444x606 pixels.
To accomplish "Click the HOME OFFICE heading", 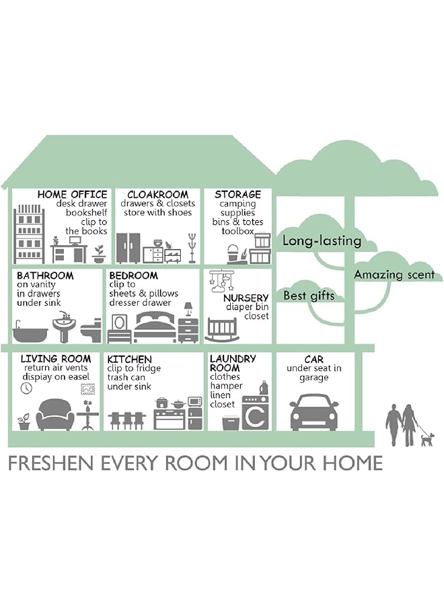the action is coord(72,194).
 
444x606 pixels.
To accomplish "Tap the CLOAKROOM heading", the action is coord(157,194).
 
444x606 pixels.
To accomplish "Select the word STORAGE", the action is coord(238,194).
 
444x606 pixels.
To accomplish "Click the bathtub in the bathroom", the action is coord(30,333).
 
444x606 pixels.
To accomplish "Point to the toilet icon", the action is coord(91,331).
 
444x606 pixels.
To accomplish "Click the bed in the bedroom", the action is coord(155,327).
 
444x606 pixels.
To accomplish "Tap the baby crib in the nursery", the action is coord(221,330).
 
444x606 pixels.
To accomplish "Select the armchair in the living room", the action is coord(55,415).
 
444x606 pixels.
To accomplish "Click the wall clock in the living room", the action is coord(26,388).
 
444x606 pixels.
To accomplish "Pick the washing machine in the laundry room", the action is coord(255,412).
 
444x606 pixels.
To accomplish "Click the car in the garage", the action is coord(313,412).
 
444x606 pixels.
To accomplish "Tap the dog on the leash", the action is coord(427,439).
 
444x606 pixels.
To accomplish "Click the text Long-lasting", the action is coord(322,240).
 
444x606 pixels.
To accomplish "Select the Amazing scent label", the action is coord(394,275).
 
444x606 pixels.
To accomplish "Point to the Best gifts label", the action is coord(309,296).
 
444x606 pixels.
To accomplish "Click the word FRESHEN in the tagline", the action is coord(51,463).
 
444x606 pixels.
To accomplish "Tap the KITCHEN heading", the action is coord(129,359).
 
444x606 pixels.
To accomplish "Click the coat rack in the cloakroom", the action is coord(192,248).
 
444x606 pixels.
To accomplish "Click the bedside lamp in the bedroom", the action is coord(188,309).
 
